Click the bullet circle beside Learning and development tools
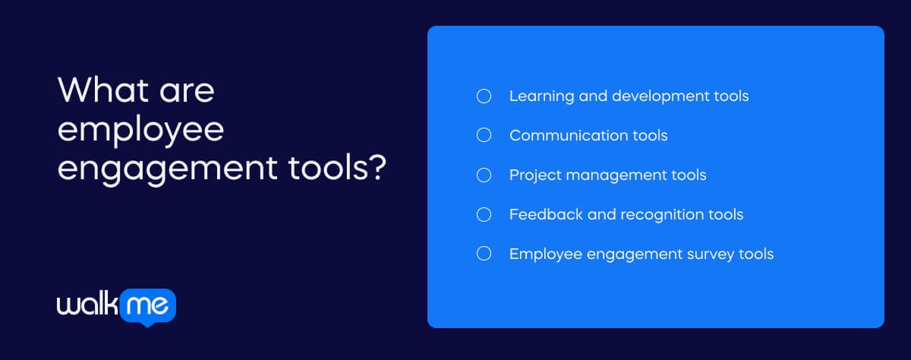click(484, 96)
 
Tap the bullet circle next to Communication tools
click(484, 136)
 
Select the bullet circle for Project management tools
click(484, 175)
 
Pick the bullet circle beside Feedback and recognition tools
click(484, 215)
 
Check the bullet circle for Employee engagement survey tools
click(484, 254)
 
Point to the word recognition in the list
click(660, 215)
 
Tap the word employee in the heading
click(140, 131)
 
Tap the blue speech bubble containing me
click(149, 305)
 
